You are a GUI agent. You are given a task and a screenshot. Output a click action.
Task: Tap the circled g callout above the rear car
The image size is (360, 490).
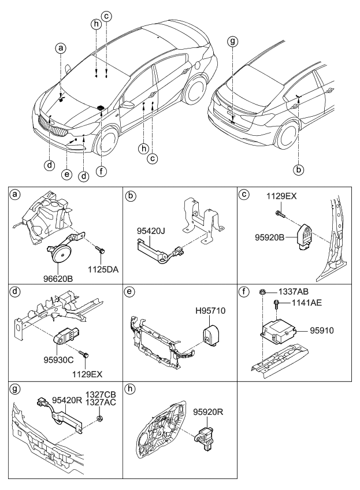click(232, 42)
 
